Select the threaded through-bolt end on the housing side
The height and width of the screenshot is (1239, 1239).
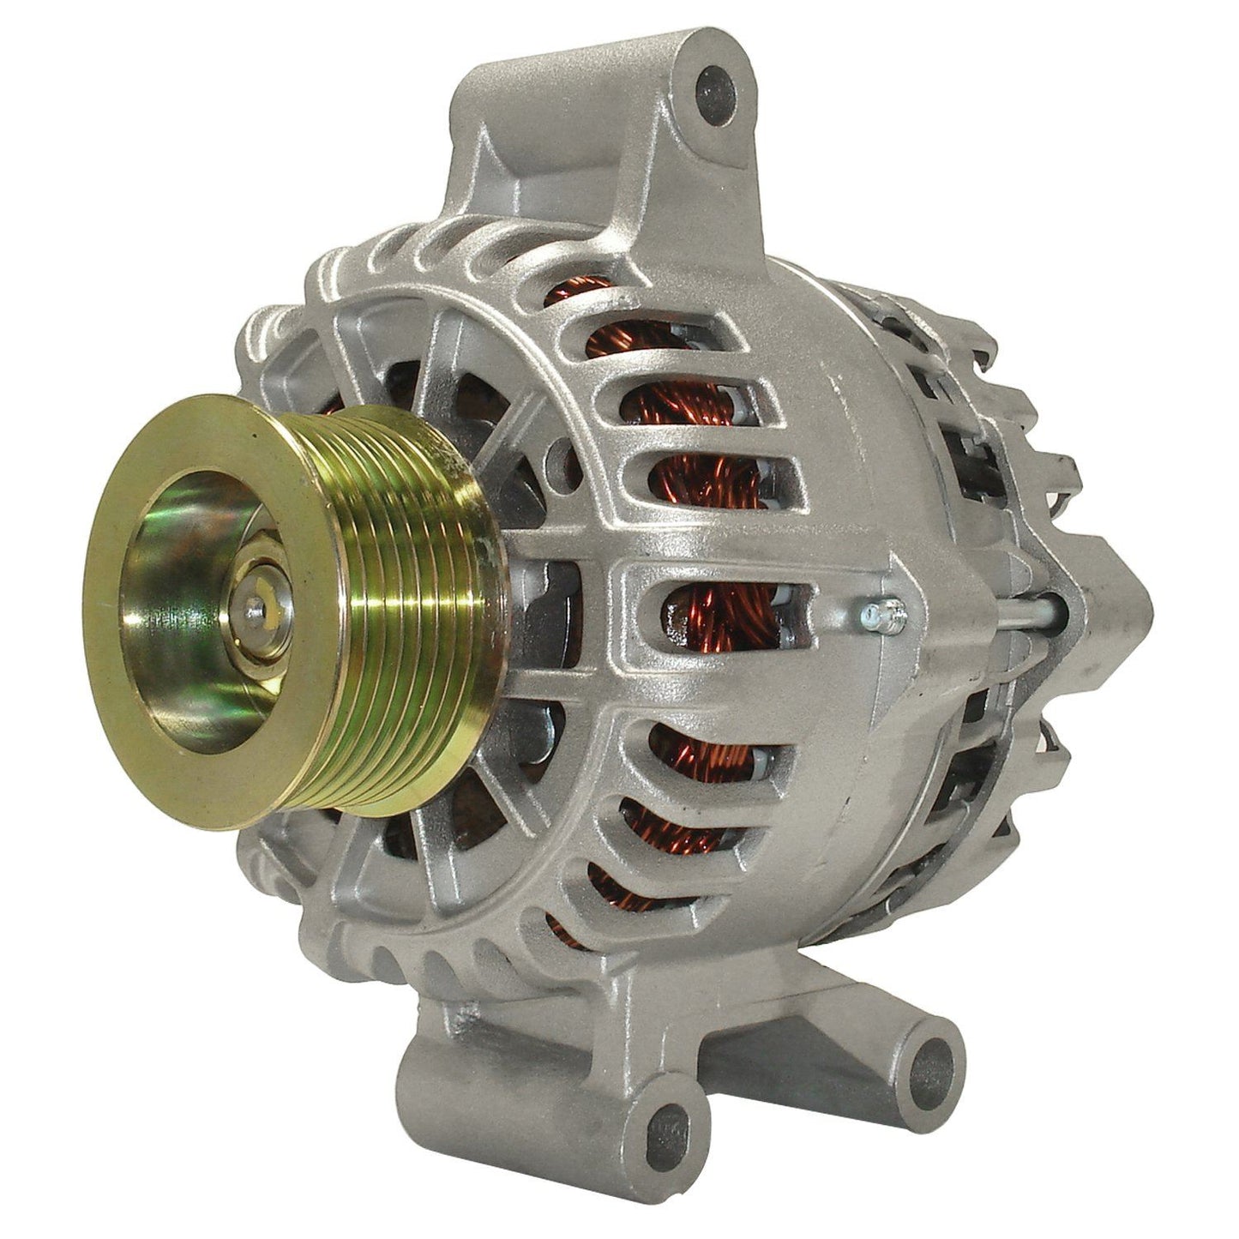point(879,613)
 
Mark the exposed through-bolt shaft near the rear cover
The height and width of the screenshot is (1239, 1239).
point(1029,610)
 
